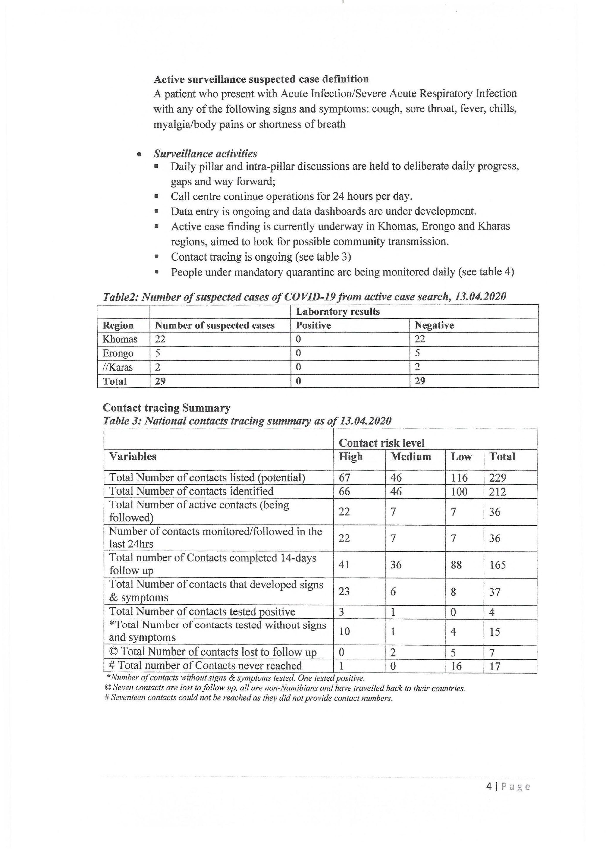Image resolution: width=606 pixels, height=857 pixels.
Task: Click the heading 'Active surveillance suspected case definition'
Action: coord(261,79)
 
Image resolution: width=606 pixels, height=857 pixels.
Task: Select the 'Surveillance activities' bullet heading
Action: coord(205,154)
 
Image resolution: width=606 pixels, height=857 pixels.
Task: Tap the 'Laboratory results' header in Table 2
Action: coord(338,312)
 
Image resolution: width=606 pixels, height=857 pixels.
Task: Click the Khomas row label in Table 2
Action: coord(120,339)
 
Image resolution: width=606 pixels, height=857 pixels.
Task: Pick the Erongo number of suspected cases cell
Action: coord(158,353)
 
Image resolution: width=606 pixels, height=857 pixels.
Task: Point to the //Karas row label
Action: coord(118,367)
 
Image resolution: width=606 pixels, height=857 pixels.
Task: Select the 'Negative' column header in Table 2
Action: coord(434,325)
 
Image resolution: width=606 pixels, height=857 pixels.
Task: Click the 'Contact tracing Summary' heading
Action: coord(167,408)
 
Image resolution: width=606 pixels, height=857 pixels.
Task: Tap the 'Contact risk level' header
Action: coord(381,443)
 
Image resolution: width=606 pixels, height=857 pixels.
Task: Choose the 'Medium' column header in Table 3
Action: coord(410,457)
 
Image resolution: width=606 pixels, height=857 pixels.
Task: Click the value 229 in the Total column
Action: coord(498,478)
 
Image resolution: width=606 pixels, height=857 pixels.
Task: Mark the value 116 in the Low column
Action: coord(459,478)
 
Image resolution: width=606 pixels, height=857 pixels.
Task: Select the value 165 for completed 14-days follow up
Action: coord(498,565)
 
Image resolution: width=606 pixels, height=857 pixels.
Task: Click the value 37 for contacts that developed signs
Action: coord(495,592)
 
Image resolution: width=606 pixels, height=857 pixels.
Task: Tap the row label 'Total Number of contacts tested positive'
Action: coord(202,612)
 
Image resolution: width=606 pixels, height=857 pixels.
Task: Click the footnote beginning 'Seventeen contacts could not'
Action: coord(249,698)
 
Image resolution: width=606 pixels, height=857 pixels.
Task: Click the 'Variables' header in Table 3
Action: coord(133,457)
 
